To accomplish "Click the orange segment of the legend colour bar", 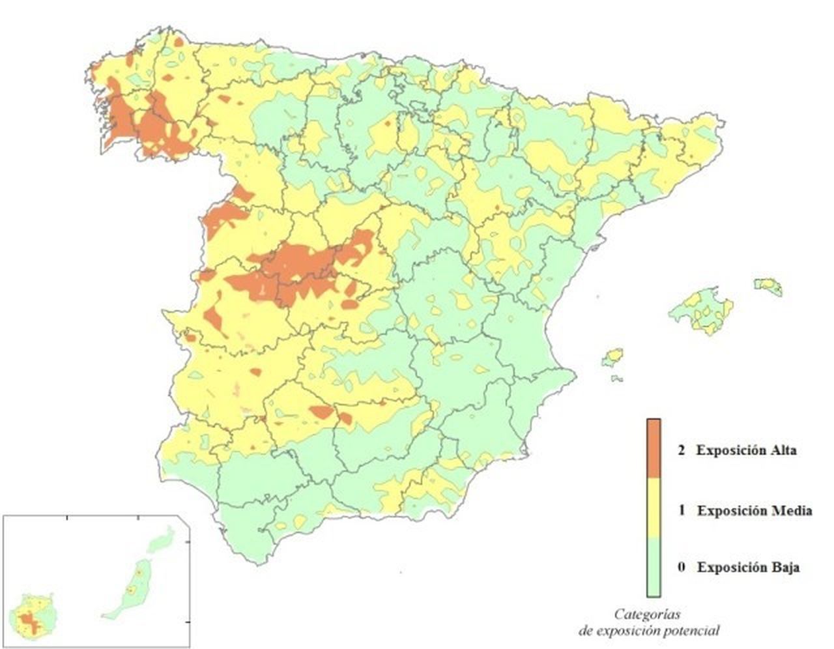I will [x=654, y=448].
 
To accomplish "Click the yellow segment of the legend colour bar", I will [x=654, y=507].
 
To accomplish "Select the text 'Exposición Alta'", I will [x=746, y=450].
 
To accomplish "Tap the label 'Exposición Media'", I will [x=754, y=510].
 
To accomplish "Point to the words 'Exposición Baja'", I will [x=748, y=567].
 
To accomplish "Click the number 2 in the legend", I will [x=681, y=450].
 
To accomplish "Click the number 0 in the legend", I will [x=681, y=567].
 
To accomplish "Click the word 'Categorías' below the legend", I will [x=648, y=614].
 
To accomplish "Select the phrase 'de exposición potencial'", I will [x=649, y=631].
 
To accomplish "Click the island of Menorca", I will [x=769, y=286].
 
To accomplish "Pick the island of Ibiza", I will [x=612, y=358].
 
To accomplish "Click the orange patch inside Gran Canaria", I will [x=27, y=622].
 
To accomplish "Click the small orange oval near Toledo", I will [x=350, y=304].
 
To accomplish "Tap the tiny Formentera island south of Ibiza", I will [x=616, y=378].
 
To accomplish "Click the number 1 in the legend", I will [x=682, y=510].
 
